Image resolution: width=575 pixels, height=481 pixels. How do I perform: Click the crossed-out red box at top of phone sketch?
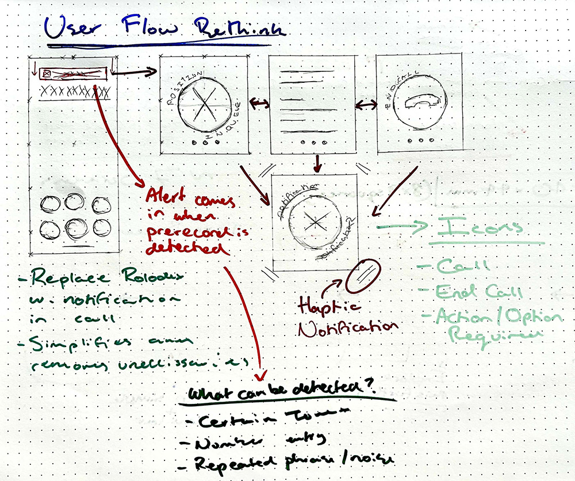(71, 73)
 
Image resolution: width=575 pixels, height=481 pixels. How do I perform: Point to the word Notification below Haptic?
(348, 327)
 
